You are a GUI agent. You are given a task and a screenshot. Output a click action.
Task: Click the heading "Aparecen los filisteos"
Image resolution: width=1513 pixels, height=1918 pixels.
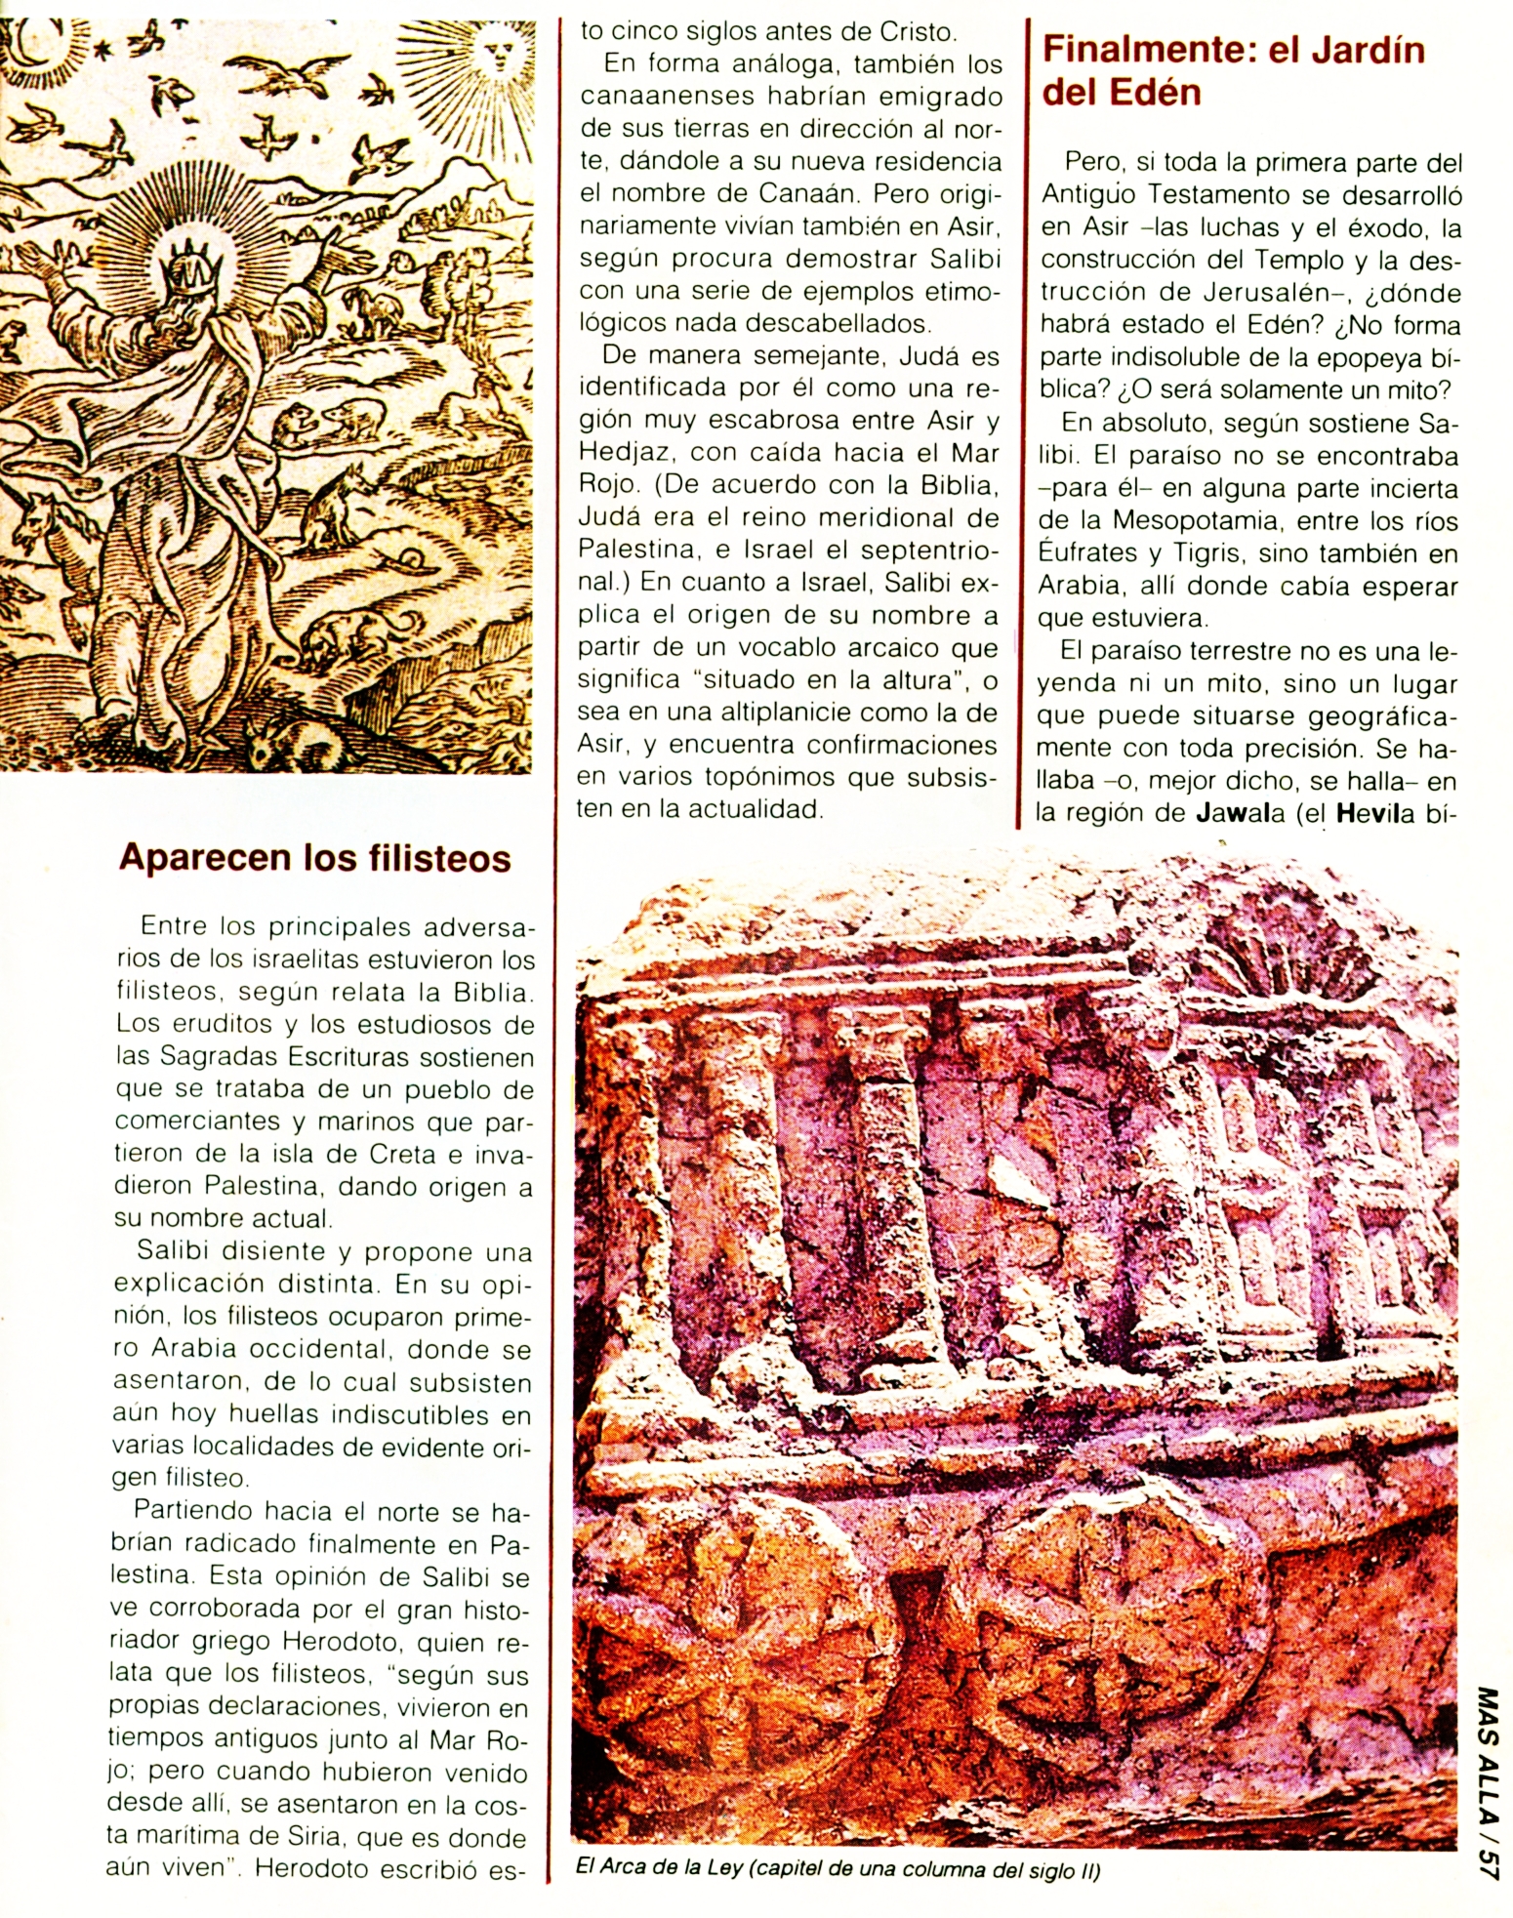pos(314,858)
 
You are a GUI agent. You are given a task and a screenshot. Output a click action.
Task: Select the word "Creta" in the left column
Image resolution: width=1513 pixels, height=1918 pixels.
pos(402,1154)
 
